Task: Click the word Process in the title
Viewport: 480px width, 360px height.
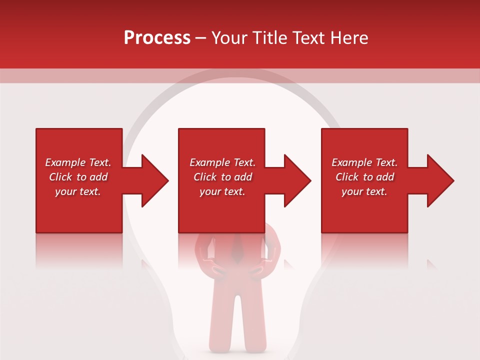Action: pyautogui.click(x=157, y=38)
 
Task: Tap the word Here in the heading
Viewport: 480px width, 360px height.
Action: pyautogui.click(x=349, y=38)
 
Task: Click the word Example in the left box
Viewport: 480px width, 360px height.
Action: pyautogui.click(x=65, y=162)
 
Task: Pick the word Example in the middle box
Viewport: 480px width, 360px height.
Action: pyautogui.click(x=209, y=162)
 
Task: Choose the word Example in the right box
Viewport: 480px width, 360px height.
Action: pyautogui.click(x=351, y=162)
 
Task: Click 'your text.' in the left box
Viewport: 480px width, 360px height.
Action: pyautogui.click(x=78, y=191)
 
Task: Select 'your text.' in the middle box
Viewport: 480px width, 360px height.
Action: pyautogui.click(x=222, y=191)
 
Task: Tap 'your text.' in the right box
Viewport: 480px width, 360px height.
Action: pyautogui.click(x=364, y=191)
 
